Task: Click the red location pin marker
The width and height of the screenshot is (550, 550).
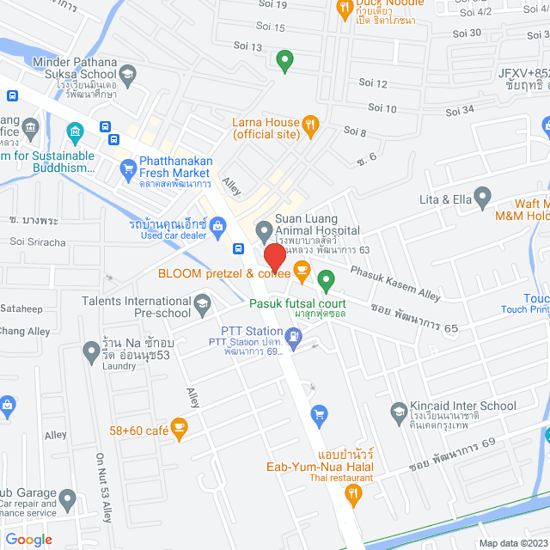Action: [274, 257]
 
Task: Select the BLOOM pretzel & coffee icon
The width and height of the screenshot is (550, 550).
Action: [302, 272]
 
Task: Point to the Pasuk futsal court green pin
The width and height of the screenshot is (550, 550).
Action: [326, 279]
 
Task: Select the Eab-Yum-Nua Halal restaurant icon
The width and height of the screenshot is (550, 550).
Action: [351, 495]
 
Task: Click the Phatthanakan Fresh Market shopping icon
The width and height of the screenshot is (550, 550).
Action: [126, 166]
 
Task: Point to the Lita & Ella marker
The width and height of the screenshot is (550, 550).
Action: [483, 199]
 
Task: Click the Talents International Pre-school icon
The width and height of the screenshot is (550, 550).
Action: [202, 302]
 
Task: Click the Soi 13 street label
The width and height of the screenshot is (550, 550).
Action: [247, 46]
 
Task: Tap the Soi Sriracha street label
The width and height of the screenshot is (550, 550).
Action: [38, 242]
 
